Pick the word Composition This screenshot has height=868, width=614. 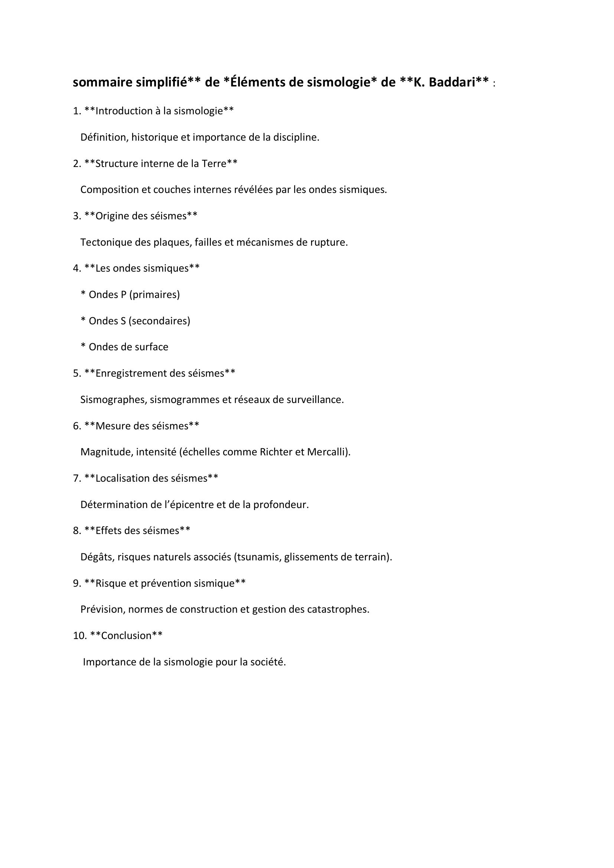(110, 189)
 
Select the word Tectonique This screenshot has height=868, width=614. (106, 242)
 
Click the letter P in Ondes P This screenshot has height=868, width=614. (123, 295)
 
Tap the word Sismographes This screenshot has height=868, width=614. (113, 400)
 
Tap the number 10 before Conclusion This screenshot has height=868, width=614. (79, 635)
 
